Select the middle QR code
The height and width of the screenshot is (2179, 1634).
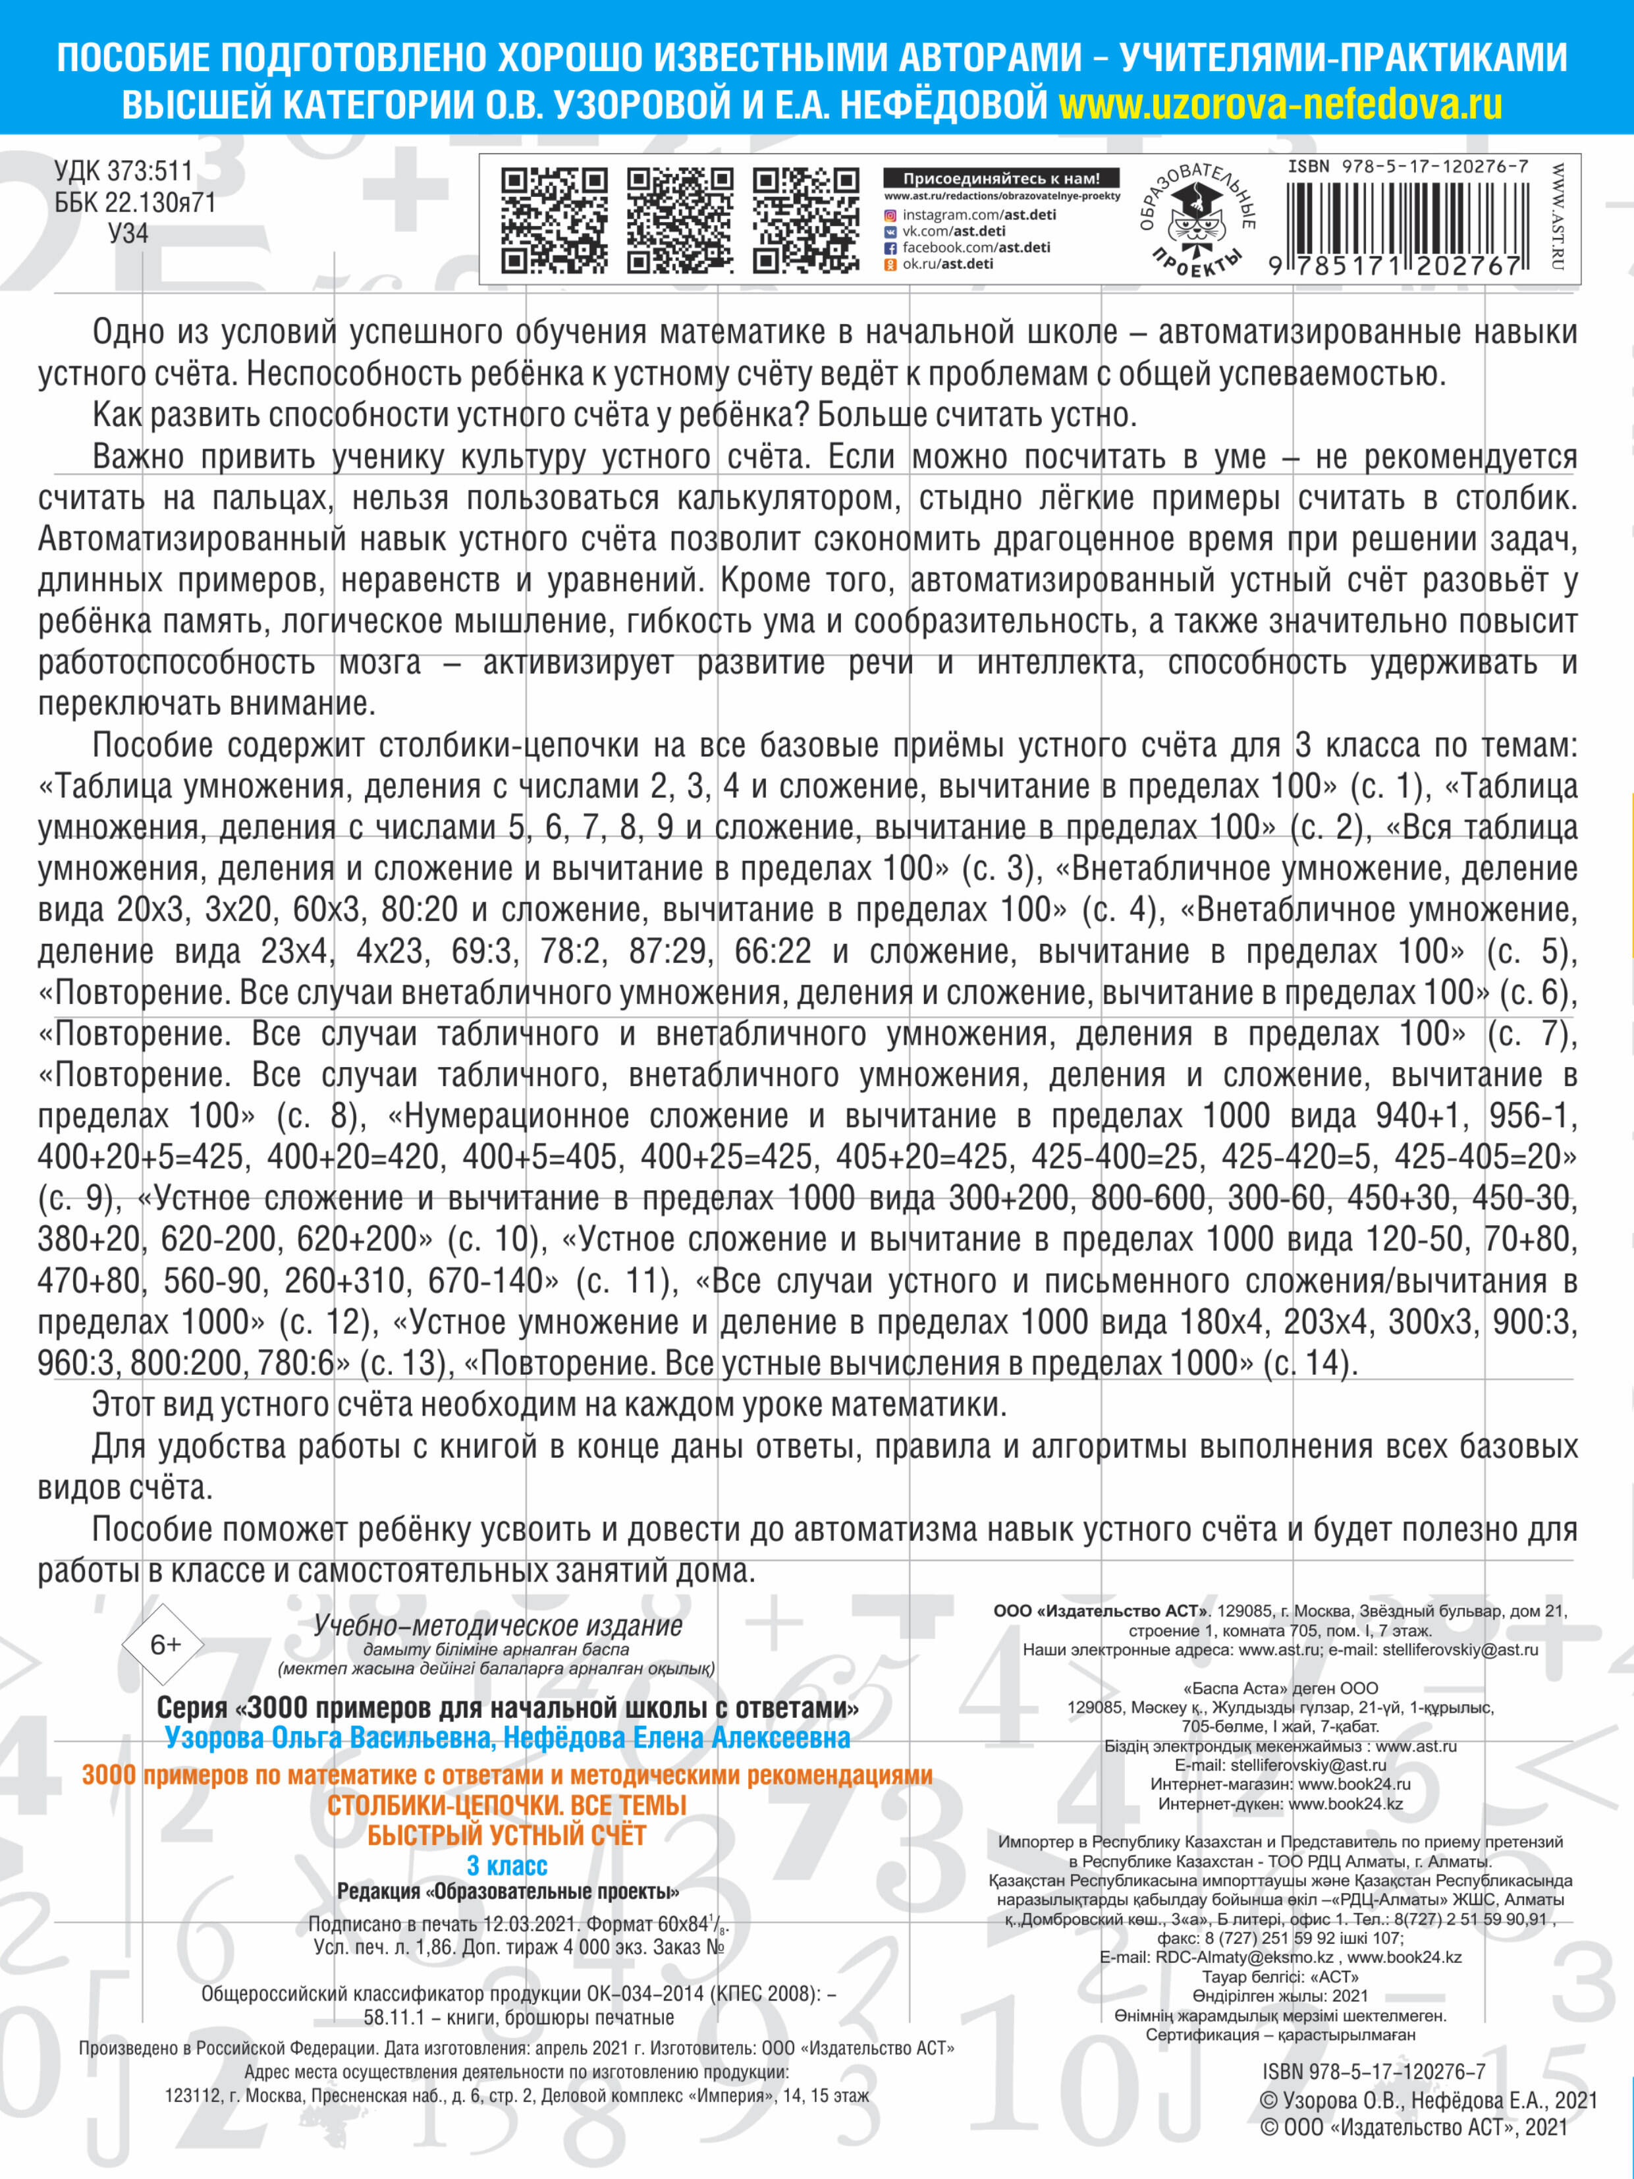click(x=680, y=219)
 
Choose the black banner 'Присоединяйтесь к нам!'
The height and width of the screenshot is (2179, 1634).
click(x=1000, y=179)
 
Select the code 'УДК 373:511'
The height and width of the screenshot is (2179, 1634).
click(x=123, y=171)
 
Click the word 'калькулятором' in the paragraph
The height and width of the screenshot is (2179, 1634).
click(x=788, y=499)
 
